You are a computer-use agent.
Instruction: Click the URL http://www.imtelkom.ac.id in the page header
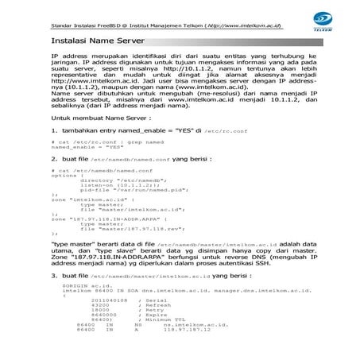tap(241, 25)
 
